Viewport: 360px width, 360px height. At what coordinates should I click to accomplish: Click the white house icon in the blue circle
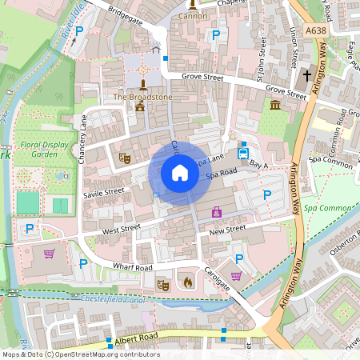coord(180,173)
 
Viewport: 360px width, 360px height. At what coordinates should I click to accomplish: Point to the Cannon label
coord(192,15)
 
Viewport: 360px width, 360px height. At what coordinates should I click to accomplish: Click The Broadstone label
coord(142,97)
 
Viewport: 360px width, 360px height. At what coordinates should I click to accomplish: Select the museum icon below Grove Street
coord(275,105)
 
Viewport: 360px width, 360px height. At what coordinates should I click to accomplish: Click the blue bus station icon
coord(242,151)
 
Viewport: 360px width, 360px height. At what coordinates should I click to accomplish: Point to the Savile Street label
coord(104,193)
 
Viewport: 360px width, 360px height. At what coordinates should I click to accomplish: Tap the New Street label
coord(226,230)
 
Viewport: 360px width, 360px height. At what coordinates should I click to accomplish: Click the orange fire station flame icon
coord(188,282)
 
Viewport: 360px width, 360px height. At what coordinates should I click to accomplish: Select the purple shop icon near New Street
coord(216,212)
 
